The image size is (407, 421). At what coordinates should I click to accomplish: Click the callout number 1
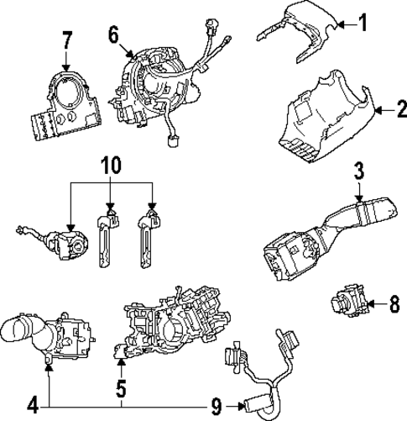tap(363, 23)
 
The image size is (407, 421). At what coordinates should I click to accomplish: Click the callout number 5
tap(122, 389)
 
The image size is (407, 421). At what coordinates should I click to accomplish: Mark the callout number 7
tap(67, 39)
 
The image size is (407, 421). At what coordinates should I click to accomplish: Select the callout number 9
tap(217, 407)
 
